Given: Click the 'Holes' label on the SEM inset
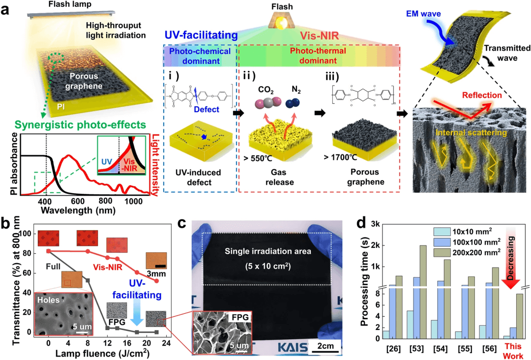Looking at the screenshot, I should [51, 300].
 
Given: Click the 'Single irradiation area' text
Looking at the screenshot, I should [268, 251].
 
